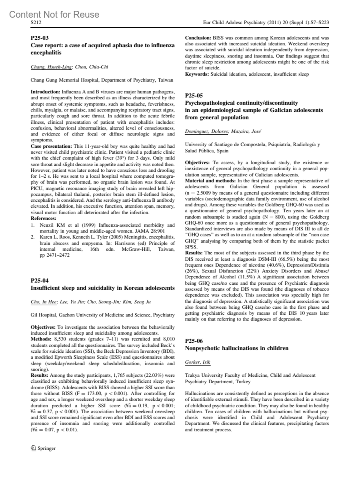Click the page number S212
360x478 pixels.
(36, 22)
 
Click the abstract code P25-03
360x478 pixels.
(40, 38)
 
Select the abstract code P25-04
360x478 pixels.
(40, 281)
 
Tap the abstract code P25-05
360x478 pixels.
(194, 96)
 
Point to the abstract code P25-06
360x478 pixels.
(194, 341)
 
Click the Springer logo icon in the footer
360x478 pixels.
(33, 448)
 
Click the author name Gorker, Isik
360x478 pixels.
(197, 362)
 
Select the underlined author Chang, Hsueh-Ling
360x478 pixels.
(51, 67)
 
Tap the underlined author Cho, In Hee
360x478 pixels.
(44, 302)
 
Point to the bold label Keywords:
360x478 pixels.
(197, 74)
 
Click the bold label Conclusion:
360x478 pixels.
(198, 38)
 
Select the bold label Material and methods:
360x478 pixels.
(210, 181)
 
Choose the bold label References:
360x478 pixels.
(43, 218)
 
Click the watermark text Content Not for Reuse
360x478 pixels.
(54, 14)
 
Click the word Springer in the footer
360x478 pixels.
(46, 448)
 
